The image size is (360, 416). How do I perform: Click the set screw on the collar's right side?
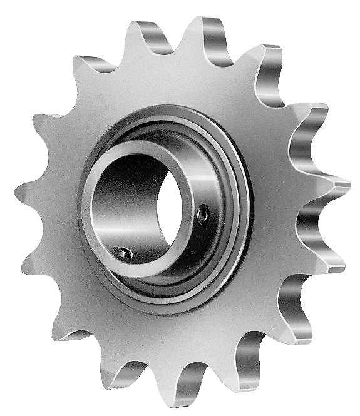click(203, 216)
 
